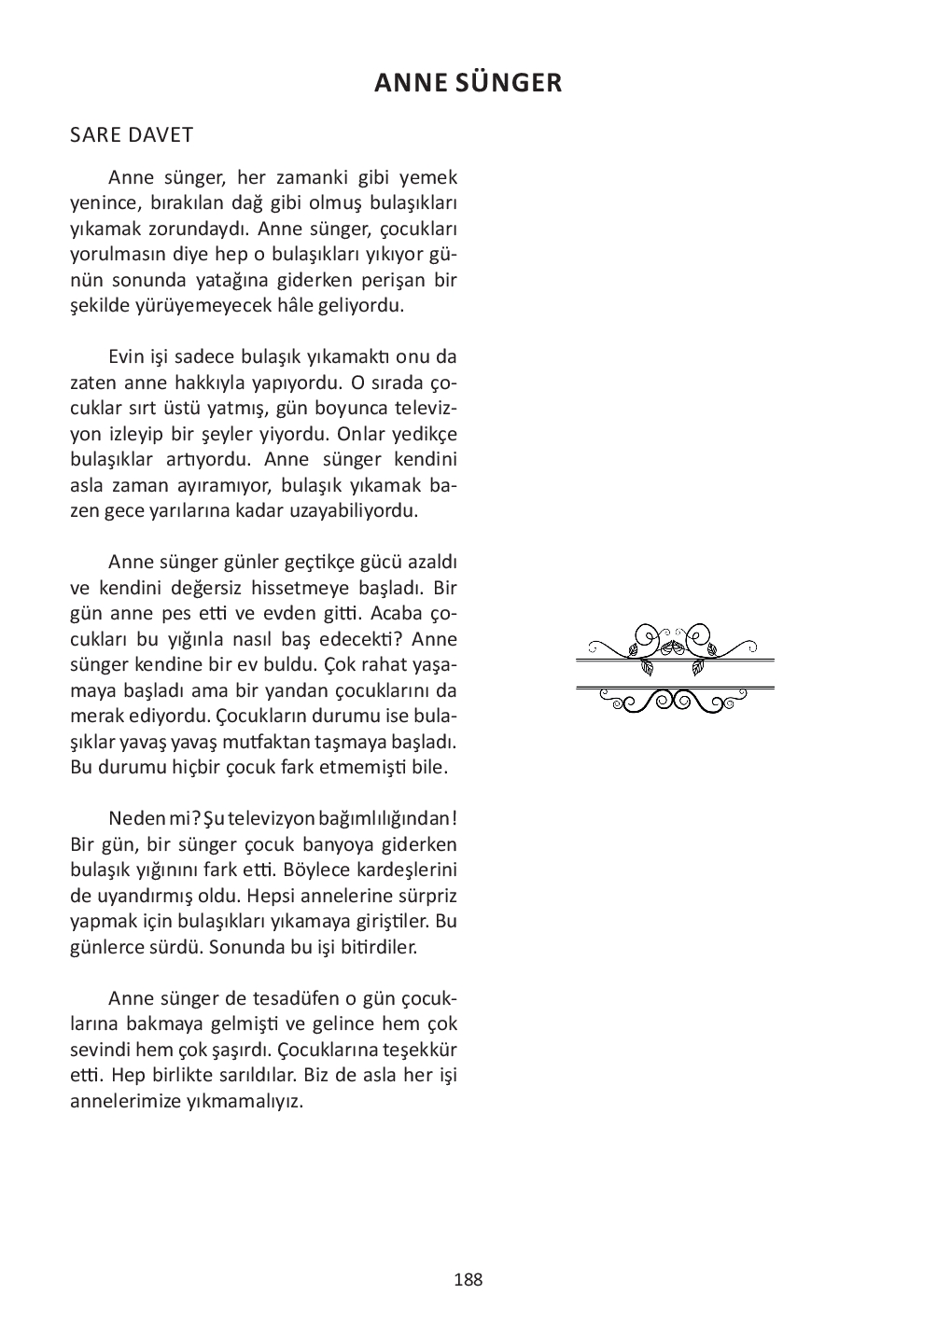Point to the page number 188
point(468,1280)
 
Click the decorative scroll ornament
point(675,669)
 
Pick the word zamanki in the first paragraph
point(314,177)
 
